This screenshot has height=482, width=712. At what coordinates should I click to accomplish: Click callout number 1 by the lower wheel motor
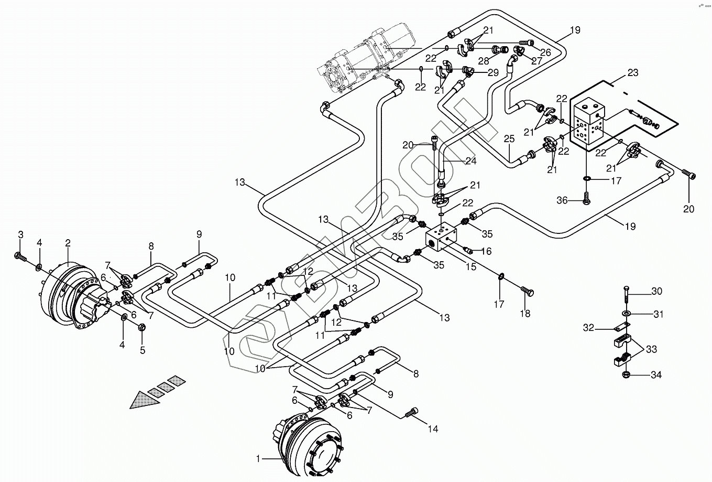pos(258,458)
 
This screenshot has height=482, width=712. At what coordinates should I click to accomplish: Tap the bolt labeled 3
pos(19,256)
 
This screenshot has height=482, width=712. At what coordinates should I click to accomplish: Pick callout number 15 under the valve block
pos(471,266)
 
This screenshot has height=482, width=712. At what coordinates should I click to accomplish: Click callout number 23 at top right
pos(632,73)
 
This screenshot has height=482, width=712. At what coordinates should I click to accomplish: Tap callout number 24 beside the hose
pos(471,161)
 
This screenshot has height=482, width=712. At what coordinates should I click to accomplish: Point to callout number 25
pos(509,139)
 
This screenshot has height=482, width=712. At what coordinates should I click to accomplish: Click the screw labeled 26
pos(526,42)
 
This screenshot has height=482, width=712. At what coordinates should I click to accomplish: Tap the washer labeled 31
pos(627,314)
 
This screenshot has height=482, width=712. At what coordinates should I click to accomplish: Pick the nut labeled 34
pos(627,374)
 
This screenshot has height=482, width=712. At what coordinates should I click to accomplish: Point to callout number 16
pos(486,251)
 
